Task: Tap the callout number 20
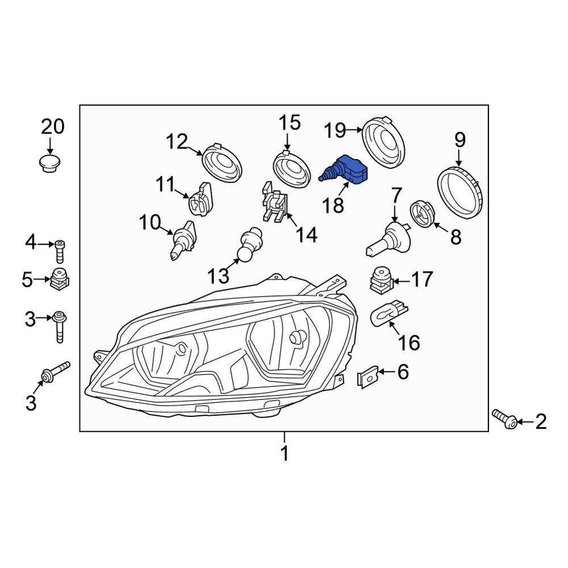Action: point(52,127)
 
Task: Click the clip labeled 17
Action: point(379,279)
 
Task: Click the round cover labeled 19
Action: point(383,142)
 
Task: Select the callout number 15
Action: point(288,122)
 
